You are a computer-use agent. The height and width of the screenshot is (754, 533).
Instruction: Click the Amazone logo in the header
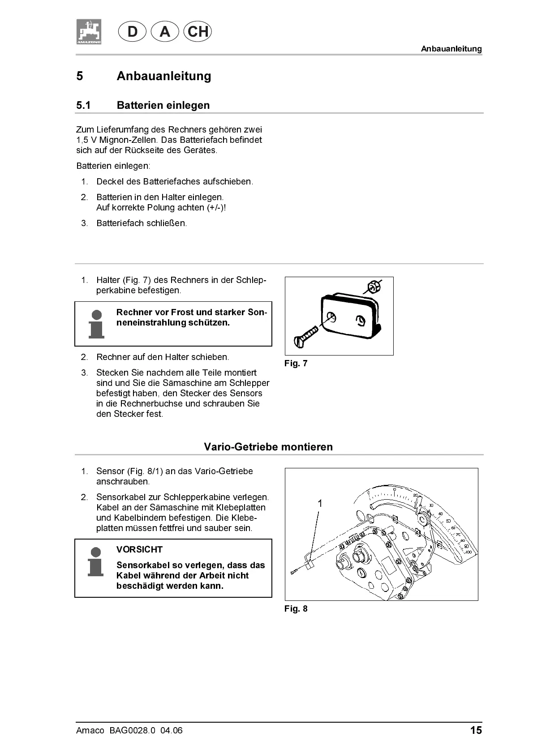pos(89,32)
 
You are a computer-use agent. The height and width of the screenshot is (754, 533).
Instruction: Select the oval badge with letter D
pos(132,32)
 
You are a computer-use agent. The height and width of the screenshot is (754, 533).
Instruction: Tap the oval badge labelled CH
pos(198,32)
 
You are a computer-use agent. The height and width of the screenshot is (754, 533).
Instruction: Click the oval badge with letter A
pos(165,32)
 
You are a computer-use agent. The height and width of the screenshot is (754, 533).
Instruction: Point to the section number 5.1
pos(83,105)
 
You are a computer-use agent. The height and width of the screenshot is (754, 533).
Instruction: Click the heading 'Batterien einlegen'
pos(163,105)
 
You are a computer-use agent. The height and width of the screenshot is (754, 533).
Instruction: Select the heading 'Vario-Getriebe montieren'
pos(268,447)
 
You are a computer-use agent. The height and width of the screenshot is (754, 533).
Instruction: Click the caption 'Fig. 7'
pos(296,363)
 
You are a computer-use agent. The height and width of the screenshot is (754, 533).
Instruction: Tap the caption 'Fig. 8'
pos(296,608)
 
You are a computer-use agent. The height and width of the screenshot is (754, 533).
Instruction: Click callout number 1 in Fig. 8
pos(320,504)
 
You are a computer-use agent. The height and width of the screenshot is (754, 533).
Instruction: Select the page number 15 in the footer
pos(476,730)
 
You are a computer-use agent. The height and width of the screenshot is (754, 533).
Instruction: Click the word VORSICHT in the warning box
pos(139,549)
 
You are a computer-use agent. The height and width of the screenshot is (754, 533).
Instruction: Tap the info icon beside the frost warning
pos(96,324)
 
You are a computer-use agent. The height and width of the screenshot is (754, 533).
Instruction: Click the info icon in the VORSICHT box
pos(96,561)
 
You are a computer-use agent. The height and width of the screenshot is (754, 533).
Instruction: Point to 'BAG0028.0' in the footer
pos(132,730)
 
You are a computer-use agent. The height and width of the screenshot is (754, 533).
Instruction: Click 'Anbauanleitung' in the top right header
pos(451,49)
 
